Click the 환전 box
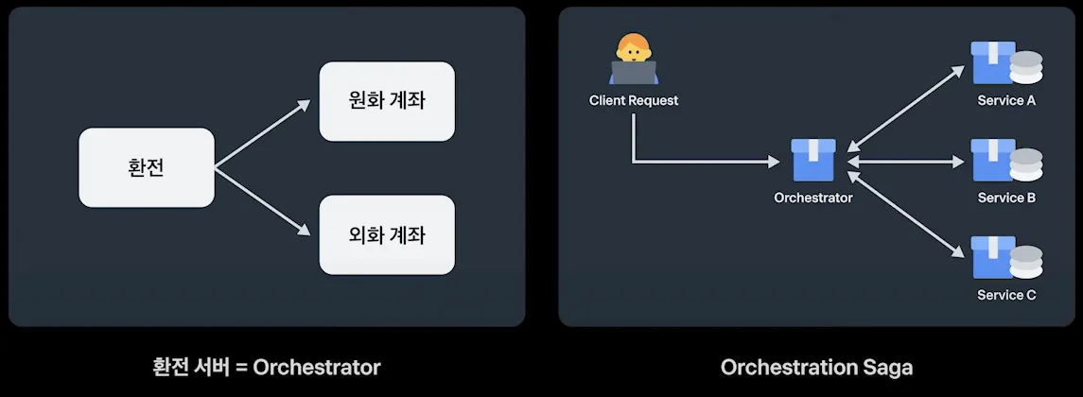coord(146,167)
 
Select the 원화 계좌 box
coord(387,101)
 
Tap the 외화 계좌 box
coord(387,233)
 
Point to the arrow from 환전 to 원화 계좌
coord(262,134)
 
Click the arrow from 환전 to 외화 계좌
coord(262,201)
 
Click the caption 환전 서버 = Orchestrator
coord(266,367)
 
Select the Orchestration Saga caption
coord(816,367)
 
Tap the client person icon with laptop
coord(633,60)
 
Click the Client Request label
coord(633,100)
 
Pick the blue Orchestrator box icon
coord(813,161)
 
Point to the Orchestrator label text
coord(812,198)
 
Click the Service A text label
coord(1006,100)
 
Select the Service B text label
coord(1006,198)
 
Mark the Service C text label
coord(1006,295)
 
